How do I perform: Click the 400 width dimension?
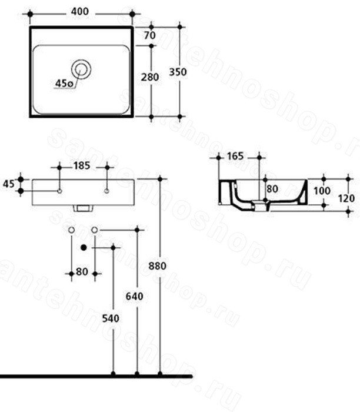tap(80, 12)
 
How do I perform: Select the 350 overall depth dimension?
tap(178, 72)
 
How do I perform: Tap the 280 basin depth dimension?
tap(150, 77)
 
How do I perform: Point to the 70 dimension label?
tap(150, 35)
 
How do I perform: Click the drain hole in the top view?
tap(81, 69)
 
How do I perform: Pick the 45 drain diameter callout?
tap(64, 84)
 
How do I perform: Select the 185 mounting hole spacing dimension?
tap(82, 166)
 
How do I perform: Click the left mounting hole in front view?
tap(59, 191)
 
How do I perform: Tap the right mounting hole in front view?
tap(106, 191)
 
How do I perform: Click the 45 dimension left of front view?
tap(8, 184)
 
